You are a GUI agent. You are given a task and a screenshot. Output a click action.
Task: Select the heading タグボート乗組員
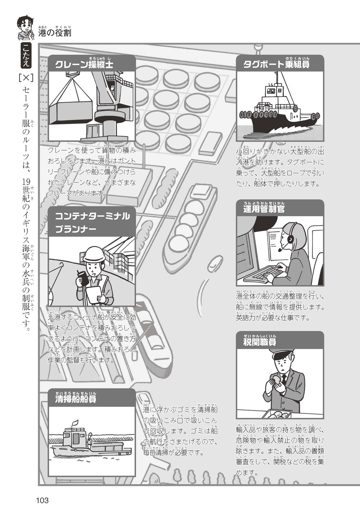276,64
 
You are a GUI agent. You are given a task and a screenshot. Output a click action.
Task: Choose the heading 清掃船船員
76,399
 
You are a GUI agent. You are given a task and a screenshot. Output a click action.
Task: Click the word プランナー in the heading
76,229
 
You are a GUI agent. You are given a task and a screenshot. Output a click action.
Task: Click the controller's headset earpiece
290,239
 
